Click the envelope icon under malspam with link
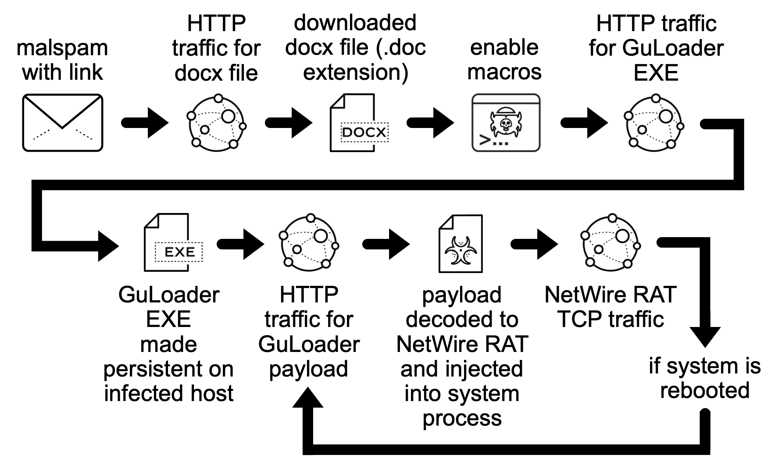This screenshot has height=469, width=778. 62,123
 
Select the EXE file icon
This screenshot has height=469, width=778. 173,242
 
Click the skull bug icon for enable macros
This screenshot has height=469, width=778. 506,123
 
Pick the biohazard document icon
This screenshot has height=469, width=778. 460,243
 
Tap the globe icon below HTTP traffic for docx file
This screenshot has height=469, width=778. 216,123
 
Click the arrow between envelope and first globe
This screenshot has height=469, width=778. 145,123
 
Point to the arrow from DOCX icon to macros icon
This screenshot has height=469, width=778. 431,123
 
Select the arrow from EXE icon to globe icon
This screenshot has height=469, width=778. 240,243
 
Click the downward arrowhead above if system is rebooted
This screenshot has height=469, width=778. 705,335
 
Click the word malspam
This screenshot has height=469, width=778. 62,47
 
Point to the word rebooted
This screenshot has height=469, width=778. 704,390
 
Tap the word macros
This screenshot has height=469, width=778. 504,72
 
